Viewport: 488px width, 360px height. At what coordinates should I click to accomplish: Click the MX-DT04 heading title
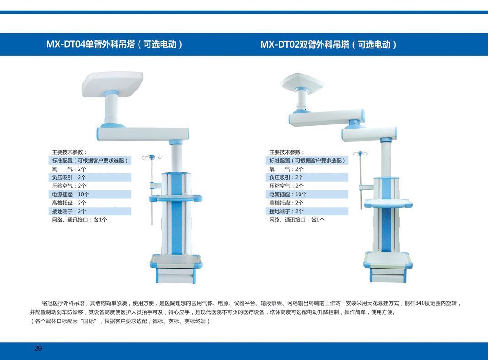coord(114,44)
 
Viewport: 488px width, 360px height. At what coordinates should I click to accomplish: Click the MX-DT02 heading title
coord(329,44)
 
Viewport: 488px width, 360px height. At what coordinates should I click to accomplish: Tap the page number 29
coord(38,348)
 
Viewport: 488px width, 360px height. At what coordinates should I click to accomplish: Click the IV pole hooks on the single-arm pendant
coord(152,157)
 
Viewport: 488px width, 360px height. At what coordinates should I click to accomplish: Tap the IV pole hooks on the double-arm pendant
coord(360,153)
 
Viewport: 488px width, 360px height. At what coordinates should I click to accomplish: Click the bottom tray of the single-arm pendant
coord(176,261)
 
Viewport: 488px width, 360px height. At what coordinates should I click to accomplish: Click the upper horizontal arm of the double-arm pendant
coord(327,117)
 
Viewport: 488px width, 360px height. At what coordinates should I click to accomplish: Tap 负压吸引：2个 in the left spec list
coord(69,177)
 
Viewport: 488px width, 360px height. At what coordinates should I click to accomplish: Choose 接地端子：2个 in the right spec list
coord(286,211)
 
